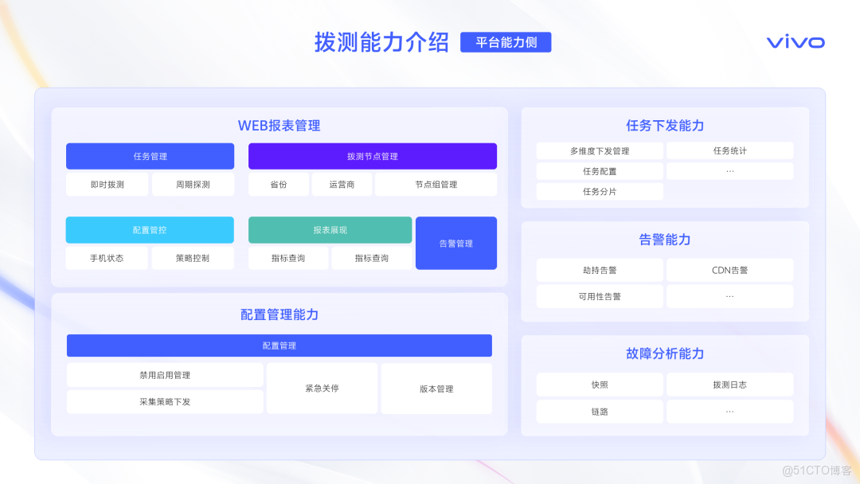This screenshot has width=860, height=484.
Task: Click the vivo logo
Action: [795, 42]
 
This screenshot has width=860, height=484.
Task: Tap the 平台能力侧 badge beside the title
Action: [506, 42]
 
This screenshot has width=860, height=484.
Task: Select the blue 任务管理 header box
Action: [150, 156]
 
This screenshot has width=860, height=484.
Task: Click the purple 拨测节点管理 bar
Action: [372, 156]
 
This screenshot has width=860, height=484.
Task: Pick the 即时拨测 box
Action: [107, 185]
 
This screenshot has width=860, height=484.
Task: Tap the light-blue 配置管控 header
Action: [150, 230]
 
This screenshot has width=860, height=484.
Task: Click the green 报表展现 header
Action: [330, 230]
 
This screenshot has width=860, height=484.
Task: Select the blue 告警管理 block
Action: [455, 244]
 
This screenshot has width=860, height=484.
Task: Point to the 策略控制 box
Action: [193, 258]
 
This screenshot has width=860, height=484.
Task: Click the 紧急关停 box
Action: [322, 388]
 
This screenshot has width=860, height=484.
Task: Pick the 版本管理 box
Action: [436, 388]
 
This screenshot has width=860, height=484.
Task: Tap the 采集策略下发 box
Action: [165, 402]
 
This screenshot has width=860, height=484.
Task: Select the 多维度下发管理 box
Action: [600, 151]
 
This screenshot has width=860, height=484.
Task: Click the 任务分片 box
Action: [600, 192]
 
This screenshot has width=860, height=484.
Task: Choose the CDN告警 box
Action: [729, 270]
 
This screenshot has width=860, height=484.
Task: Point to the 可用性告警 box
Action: [600, 296]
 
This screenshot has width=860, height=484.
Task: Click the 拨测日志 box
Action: [729, 384]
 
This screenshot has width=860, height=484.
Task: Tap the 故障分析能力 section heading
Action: [665, 353]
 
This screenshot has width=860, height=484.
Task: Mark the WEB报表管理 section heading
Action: [279, 126]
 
